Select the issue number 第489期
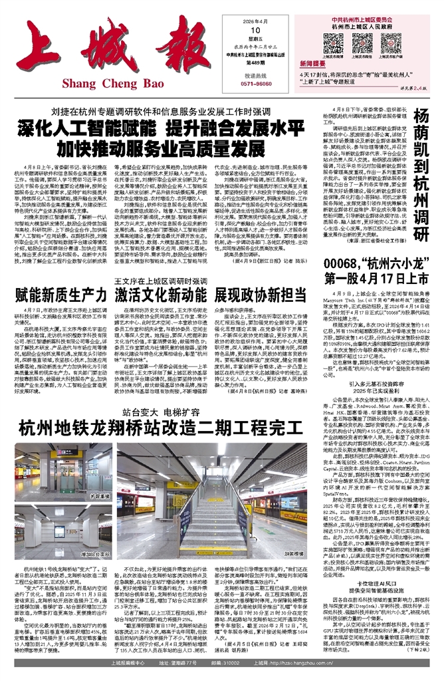coord(255,63)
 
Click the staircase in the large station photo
coord(223,519)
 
